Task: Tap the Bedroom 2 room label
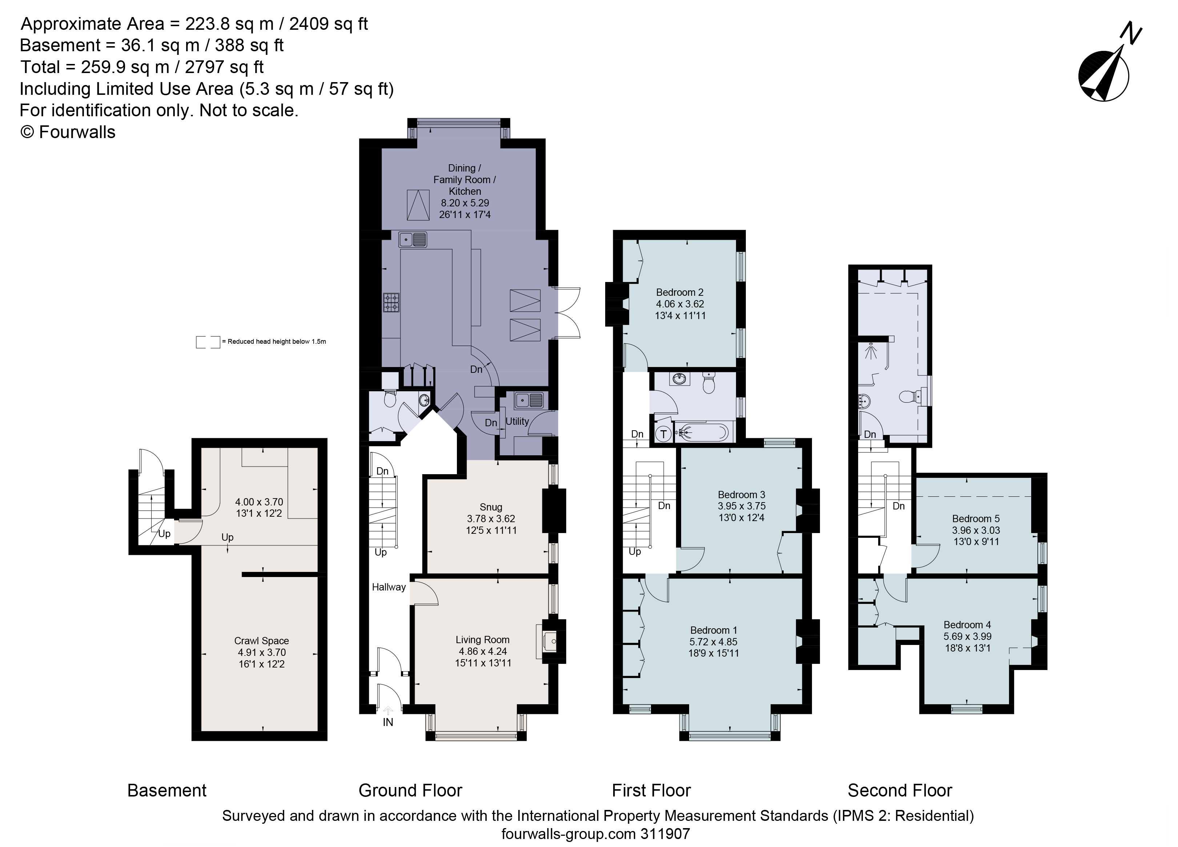pos(679,293)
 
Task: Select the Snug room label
pos(490,507)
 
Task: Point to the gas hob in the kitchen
pos(391,302)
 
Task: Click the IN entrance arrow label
pos(387,722)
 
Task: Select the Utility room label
pos(517,421)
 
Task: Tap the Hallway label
pos(389,587)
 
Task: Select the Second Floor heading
pos(900,790)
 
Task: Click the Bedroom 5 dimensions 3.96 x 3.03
pos(976,530)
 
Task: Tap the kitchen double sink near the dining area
pos(413,239)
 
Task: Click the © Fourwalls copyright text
pos(68,132)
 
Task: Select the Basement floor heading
pos(167,790)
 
